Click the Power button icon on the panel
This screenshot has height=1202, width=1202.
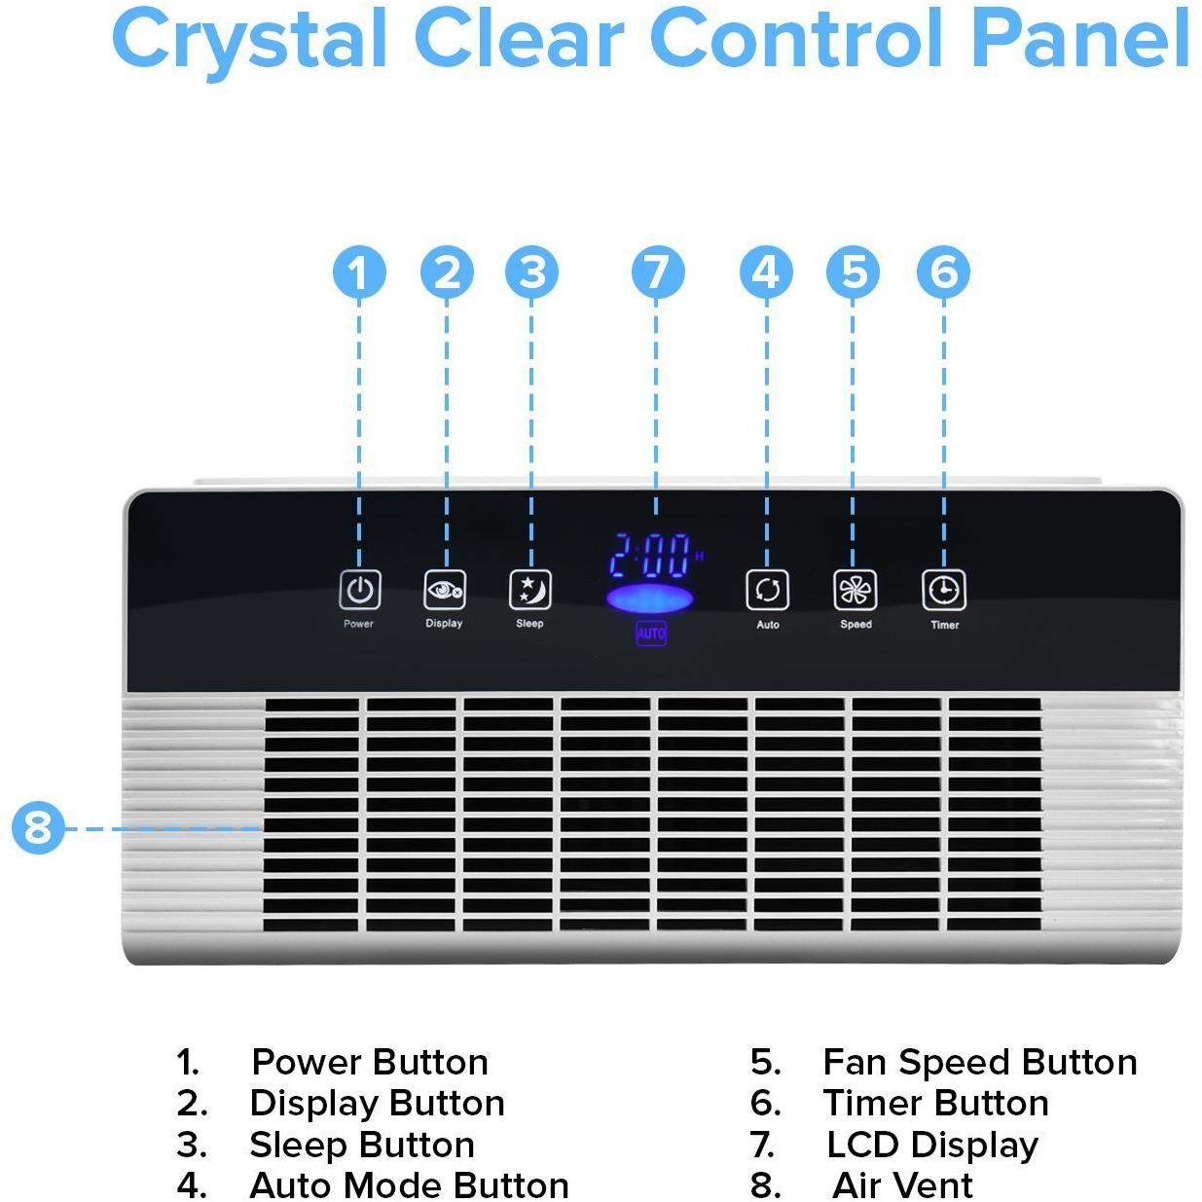[359, 590]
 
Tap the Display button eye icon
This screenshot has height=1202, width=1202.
[445, 590]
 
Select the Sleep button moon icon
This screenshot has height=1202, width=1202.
[530, 590]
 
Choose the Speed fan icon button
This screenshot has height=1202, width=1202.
[856, 590]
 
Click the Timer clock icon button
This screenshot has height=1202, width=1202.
[944, 590]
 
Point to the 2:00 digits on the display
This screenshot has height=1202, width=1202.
[650, 557]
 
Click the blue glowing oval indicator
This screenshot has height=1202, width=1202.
[650, 599]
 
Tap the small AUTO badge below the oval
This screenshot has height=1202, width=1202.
[651, 633]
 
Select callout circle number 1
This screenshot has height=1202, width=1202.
[359, 273]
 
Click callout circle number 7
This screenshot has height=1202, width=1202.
[657, 273]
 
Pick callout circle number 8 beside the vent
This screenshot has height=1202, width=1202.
[38, 828]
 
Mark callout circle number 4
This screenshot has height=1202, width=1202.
[767, 273]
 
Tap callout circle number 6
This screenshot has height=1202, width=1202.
[943, 273]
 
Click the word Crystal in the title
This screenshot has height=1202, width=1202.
[248, 39]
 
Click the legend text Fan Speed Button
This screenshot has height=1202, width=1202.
[979, 1062]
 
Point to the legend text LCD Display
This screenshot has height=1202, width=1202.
[931, 1145]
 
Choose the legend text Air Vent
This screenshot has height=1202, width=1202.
[902, 1185]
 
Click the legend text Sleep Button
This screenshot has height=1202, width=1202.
[362, 1145]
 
